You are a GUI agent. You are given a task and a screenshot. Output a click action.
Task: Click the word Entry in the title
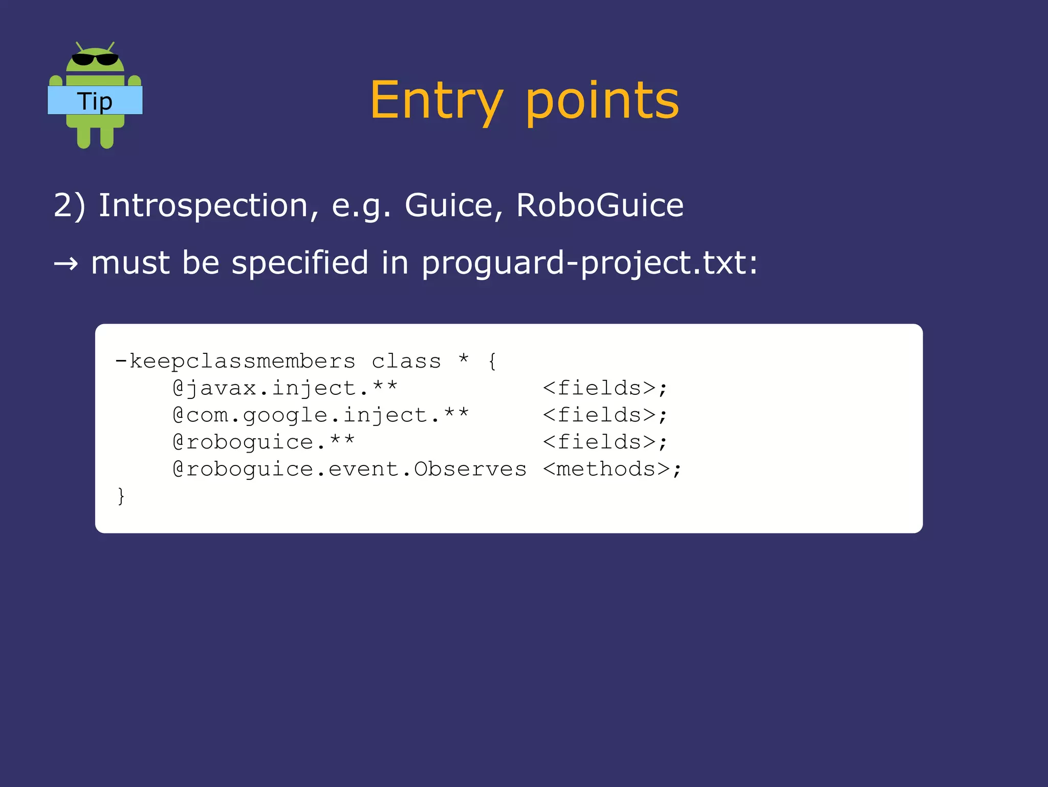436,100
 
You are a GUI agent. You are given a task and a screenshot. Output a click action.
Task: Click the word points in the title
602,101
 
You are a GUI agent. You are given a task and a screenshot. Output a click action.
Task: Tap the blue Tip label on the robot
95,101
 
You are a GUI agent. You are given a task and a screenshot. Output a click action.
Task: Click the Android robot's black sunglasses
95,59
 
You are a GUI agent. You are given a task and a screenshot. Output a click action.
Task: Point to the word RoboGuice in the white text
600,206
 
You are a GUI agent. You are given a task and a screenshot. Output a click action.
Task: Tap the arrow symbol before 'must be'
66,264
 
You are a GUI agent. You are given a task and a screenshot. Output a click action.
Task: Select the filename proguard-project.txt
589,264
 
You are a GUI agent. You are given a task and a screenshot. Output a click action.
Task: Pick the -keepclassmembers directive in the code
235,361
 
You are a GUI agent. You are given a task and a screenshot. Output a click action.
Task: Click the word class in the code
406,361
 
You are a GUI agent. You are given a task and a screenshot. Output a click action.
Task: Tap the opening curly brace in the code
492,361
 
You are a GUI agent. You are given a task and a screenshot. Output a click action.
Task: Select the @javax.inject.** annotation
285,388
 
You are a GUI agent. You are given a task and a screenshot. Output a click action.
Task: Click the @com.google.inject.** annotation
321,415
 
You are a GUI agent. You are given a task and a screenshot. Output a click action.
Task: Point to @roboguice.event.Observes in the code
350,469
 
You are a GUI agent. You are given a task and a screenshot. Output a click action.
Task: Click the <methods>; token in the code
612,469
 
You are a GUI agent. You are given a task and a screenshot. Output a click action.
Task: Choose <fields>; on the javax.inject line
605,388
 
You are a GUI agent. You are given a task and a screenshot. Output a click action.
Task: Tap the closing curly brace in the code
121,496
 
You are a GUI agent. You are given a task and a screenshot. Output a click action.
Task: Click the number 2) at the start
69,206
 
